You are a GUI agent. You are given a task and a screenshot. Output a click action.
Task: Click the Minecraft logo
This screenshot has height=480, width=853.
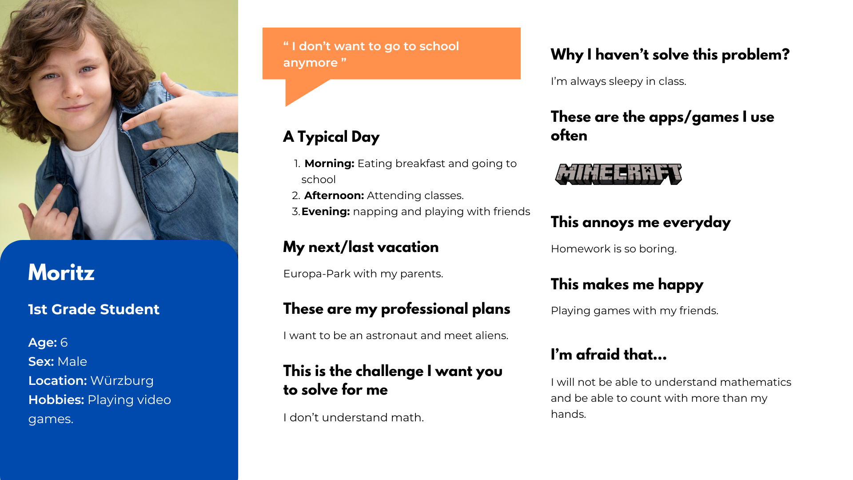click(618, 174)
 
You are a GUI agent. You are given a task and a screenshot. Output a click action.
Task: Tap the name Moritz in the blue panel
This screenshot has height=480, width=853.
click(61, 272)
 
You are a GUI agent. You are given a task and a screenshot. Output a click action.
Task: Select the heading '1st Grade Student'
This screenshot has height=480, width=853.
click(94, 309)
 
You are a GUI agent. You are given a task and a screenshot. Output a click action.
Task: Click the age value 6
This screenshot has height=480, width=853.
click(64, 343)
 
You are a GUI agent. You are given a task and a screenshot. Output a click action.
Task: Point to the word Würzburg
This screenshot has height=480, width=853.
click(122, 381)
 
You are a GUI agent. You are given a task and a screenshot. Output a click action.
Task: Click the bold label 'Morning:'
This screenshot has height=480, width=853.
click(329, 164)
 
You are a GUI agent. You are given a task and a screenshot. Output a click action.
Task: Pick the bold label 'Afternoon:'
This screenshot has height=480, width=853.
click(334, 196)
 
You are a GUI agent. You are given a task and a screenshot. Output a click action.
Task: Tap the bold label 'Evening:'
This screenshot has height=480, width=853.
click(326, 212)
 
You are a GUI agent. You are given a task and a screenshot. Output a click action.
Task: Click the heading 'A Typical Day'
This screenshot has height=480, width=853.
click(331, 137)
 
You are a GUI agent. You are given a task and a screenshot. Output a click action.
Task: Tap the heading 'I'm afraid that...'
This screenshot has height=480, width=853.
click(609, 355)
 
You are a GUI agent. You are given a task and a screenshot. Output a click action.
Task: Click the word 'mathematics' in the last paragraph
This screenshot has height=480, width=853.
click(755, 382)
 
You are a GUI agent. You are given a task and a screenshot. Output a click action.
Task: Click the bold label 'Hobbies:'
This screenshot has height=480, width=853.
click(56, 400)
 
